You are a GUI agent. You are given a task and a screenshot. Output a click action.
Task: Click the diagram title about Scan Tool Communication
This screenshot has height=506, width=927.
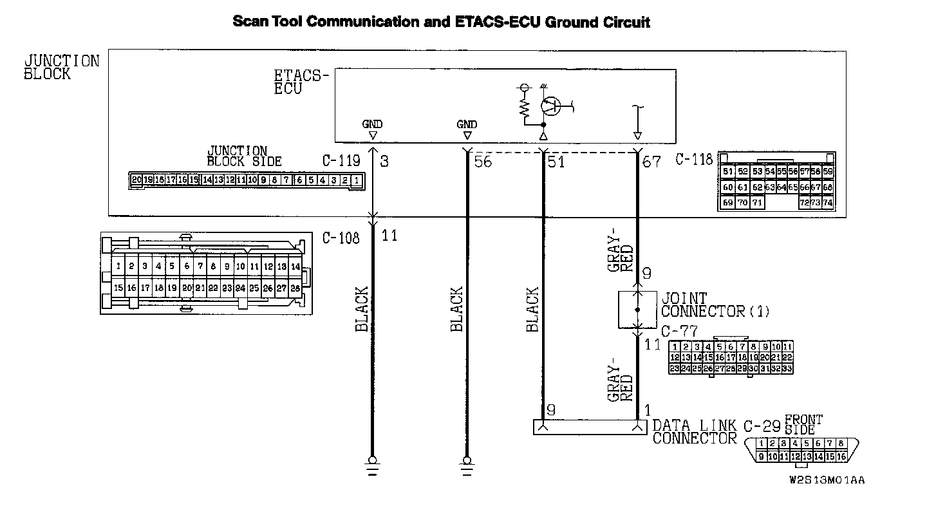pos(441,23)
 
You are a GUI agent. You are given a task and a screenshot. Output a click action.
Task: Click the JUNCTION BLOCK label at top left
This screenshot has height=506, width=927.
pos(62,67)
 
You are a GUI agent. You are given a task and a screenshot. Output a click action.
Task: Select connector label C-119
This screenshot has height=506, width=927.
pos(341,160)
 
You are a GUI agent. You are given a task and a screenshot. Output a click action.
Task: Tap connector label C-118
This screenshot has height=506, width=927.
pos(694,159)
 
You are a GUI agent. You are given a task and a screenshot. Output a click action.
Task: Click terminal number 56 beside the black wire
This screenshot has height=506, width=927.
pos(482,161)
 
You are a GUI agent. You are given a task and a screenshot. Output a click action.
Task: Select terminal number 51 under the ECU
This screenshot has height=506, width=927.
pos(555,161)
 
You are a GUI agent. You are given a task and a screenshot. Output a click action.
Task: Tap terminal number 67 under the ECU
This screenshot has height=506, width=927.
pos(651,161)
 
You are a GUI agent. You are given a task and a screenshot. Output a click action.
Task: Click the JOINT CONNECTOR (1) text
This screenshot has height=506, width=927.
pos(715,305)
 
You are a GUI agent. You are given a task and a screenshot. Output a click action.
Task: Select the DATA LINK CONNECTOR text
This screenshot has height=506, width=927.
pos(695,432)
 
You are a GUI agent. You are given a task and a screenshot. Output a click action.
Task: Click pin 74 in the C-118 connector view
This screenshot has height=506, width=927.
pos(827,202)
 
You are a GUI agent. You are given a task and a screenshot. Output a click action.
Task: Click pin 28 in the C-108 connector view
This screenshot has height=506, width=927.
pos(295,288)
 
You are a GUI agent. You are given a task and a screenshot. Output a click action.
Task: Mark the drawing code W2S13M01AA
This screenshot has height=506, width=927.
pos(827,480)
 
